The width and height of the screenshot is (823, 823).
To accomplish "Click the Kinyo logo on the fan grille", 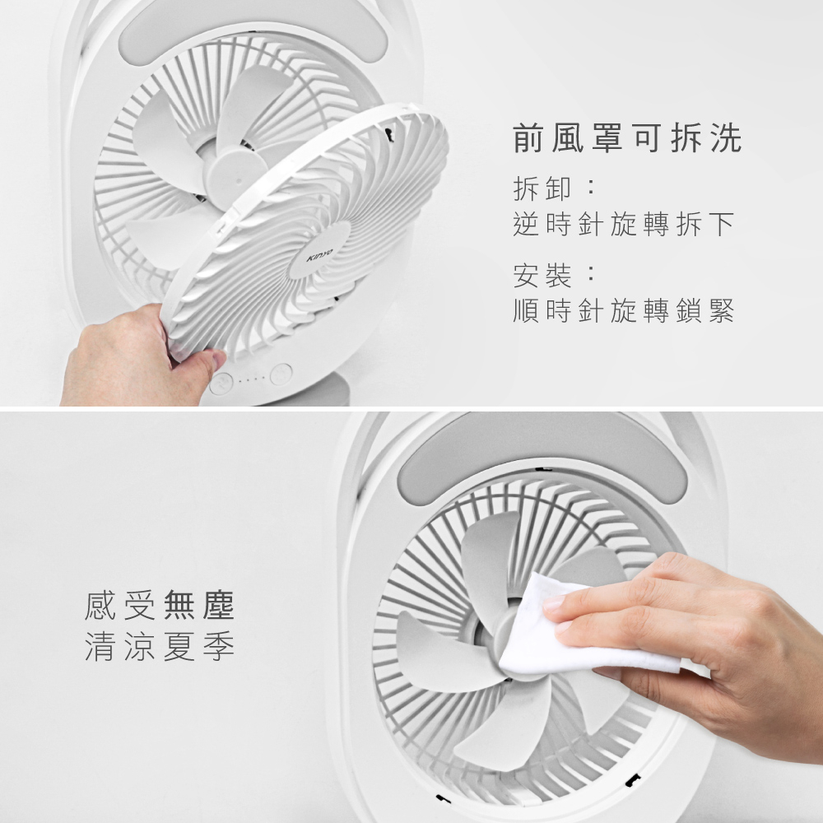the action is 319,254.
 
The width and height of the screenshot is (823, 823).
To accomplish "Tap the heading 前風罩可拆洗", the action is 627,138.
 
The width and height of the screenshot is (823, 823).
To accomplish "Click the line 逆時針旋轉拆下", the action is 623,224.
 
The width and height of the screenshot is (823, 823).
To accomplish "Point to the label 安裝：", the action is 554,276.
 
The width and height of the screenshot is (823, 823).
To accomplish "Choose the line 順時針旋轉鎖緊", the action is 623,311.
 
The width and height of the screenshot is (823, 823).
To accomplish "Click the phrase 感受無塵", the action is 159,605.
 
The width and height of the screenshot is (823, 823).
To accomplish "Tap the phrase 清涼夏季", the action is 159,645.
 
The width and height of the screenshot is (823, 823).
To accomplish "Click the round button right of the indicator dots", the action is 281,374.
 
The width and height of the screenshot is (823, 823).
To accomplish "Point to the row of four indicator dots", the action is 251,379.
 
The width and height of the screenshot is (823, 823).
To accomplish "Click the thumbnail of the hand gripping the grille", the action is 214,360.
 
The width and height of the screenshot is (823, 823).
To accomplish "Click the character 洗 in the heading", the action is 727,138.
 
